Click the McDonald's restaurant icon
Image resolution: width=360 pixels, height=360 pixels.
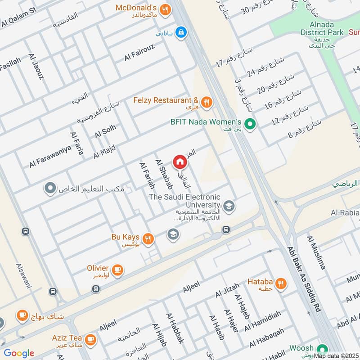tap(165, 8)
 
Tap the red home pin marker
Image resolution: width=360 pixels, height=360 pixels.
tap(179, 161)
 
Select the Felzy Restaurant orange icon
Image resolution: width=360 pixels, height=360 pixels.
tap(207, 102)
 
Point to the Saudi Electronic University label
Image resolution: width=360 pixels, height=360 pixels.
tap(184, 200)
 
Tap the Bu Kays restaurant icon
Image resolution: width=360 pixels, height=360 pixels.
tap(148, 238)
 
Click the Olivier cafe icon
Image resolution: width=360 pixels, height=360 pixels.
tap(118, 270)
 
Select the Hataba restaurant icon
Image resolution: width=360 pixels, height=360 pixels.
tap(281, 283)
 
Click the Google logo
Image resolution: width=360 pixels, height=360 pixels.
tap(19, 353)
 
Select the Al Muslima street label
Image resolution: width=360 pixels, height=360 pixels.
tap(316, 252)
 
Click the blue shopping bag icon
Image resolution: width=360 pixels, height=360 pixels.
tap(181, 32)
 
